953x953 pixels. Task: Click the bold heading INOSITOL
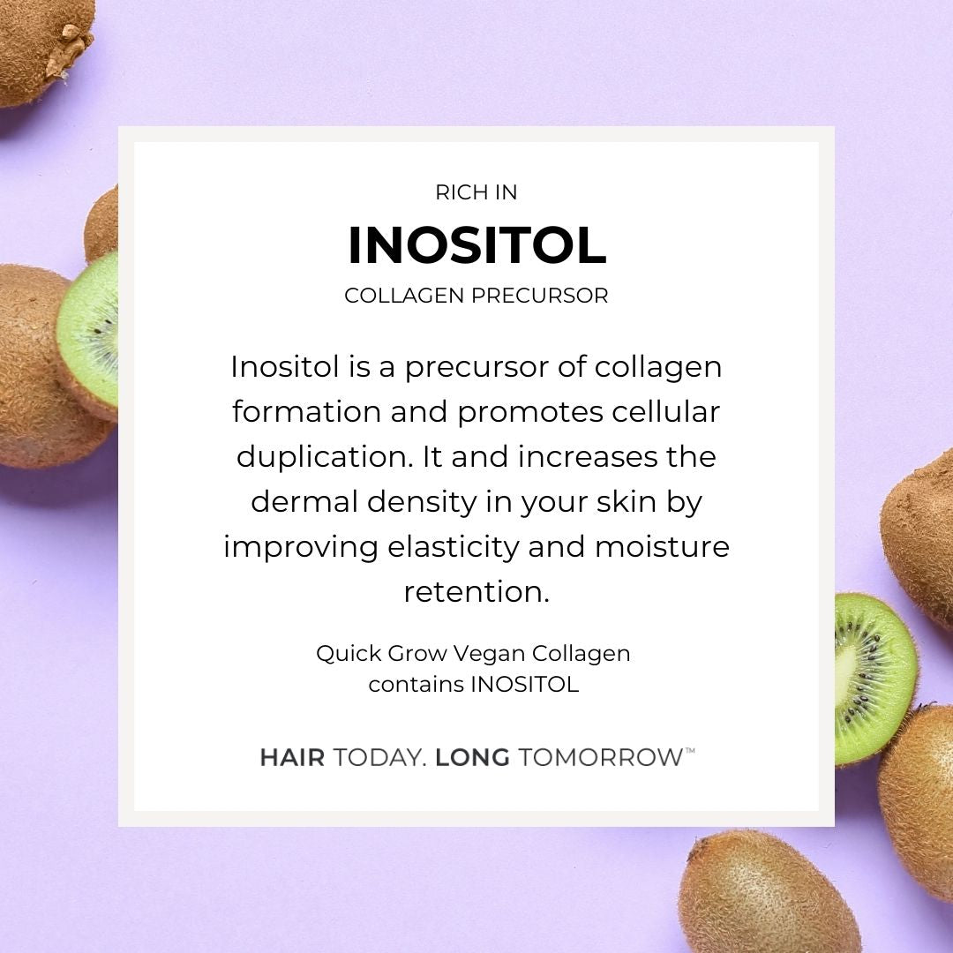[477, 245]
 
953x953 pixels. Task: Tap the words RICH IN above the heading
[476, 192]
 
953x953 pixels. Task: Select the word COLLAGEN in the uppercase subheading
[404, 296]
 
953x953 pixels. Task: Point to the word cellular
[665, 411]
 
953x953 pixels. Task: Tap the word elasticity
[454, 547]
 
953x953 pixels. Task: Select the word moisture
[662, 547]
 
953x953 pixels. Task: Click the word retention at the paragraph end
[476, 592]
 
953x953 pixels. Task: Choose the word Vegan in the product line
[489, 654]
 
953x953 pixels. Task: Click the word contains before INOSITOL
[416, 685]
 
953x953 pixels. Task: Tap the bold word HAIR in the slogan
[292, 758]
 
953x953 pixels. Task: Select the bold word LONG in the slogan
[472, 758]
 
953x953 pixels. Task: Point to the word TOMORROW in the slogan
[601, 758]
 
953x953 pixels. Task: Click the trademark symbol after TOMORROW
[690, 751]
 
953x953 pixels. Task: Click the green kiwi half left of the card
[89, 335]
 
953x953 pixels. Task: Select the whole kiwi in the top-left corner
[42, 49]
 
